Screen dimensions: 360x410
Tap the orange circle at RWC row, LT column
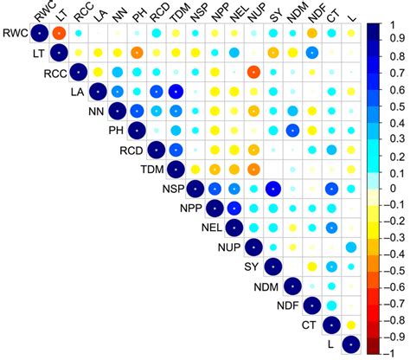(x=60, y=34)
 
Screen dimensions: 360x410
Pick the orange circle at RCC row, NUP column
(x=253, y=73)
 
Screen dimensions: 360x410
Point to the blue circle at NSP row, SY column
(x=273, y=189)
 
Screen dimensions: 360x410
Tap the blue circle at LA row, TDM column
(x=176, y=92)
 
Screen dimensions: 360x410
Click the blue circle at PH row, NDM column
(x=292, y=131)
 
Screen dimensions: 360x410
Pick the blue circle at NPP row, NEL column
(x=234, y=209)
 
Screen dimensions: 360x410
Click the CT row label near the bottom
(x=310, y=325)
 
